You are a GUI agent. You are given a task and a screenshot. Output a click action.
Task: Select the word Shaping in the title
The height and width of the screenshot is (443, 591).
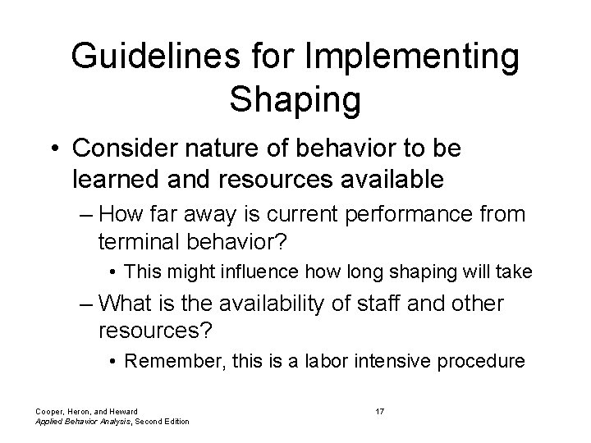[x=295, y=98]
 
